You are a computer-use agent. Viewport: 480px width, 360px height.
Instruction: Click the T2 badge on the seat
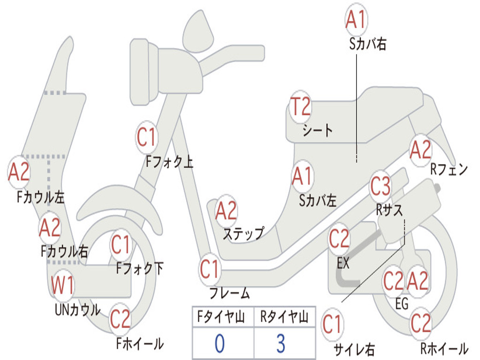click(x=300, y=106)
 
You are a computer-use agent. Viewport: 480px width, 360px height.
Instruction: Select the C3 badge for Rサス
click(x=381, y=186)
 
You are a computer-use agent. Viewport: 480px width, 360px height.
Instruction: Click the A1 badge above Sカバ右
click(x=356, y=19)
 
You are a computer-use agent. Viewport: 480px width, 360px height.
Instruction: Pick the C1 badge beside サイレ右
click(x=332, y=325)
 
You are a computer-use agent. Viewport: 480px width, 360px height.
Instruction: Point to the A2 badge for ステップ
click(x=226, y=211)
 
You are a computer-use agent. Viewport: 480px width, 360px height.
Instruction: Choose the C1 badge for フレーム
click(x=210, y=269)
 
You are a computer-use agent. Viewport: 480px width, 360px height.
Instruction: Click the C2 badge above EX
click(x=339, y=239)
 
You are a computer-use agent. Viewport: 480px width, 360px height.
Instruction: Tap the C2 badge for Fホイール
click(x=120, y=319)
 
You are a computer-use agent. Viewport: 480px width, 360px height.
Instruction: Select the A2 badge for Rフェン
click(x=420, y=150)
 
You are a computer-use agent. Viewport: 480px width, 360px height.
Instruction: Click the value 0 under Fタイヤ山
click(x=220, y=344)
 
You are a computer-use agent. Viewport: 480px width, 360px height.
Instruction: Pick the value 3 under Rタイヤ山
click(x=281, y=344)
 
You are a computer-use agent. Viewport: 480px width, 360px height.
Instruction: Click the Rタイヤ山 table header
click(x=285, y=317)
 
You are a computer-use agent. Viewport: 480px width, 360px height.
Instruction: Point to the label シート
click(x=317, y=130)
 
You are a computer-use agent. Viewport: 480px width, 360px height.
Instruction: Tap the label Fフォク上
click(x=169, y=161)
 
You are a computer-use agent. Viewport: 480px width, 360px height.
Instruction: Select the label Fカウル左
click(x=41, y=197)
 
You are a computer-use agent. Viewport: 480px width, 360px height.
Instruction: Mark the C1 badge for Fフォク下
click(x=121, y=245)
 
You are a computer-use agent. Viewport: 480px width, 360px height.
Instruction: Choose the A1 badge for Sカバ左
click(x=302, y=176)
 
